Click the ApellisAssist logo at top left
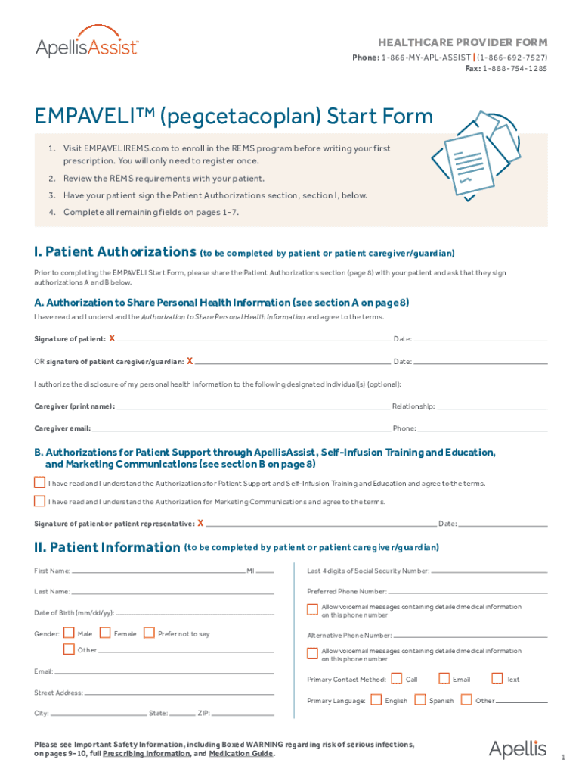coord(87,47)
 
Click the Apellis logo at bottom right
coord(517,749)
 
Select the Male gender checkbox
coord(69,633)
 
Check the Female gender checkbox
coord(105,633)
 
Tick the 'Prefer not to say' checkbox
coord(149,633)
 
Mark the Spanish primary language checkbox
coord(421,699)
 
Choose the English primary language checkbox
coord(376,699)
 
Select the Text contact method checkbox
coord(497,678)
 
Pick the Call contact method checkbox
coord(397,678)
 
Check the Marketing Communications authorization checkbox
coord(39,500)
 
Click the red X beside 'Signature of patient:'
coord(112,338)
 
